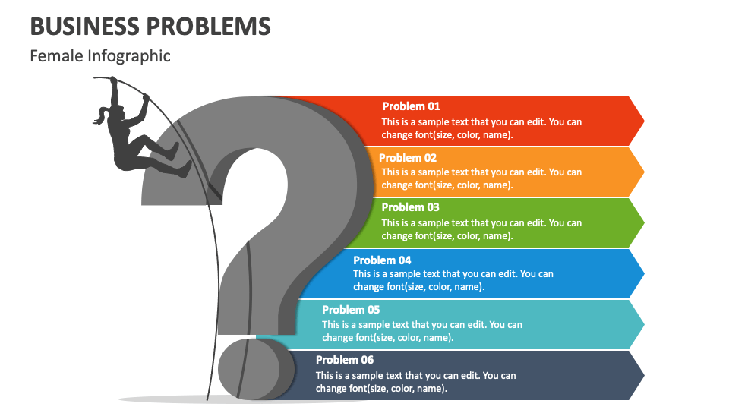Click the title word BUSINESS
click(84, 27)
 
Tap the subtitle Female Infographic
click(100, 56)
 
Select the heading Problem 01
click(411, 106)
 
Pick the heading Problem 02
click(408, 158)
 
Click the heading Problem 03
click(411, 207)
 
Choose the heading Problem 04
click(382, 260)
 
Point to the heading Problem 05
click(351, 310)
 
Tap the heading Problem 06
click(345, 360)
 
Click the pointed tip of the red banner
click(644, 121)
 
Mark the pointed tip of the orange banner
click(644, 172)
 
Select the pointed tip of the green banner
click(644, 223)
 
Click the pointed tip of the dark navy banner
click(644, 376)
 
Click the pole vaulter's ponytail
click(101, 116)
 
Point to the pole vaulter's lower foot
click(185, 169)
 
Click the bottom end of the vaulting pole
click(207, 399)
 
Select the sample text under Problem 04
click(453, 280)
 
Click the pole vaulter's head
click(118, 112)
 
